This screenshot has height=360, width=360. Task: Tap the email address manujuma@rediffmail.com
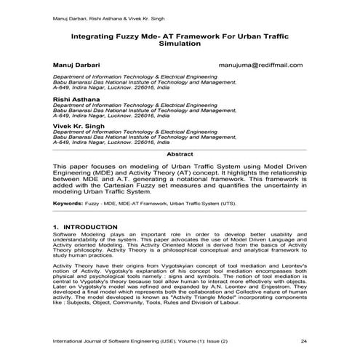click(260, 65)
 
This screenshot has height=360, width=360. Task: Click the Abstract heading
click(180, 154)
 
